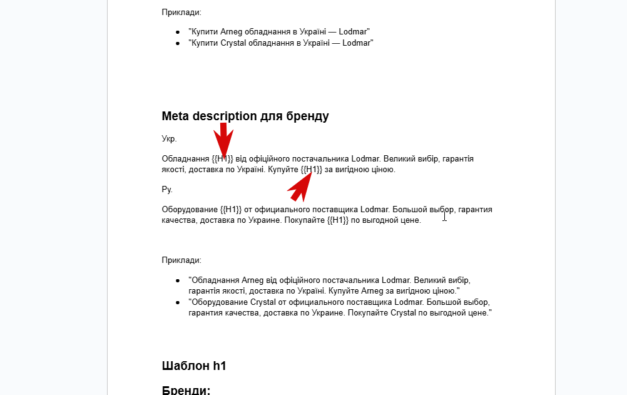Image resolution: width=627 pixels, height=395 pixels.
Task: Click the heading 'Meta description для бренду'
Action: (245, 116)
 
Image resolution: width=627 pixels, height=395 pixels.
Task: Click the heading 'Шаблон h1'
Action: (193, 366)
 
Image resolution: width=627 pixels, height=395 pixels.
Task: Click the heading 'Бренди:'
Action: (186, 390)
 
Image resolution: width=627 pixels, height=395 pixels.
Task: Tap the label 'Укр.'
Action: (169, 138)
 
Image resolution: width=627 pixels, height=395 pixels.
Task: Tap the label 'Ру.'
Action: (167, 189)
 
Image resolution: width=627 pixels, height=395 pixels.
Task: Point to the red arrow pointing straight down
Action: (223, 139)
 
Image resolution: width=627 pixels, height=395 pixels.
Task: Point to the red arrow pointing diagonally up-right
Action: (301, 187)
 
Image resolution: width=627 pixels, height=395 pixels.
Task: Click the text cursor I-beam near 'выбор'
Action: (444, 216)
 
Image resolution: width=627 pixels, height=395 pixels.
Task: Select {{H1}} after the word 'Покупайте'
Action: (338, 220)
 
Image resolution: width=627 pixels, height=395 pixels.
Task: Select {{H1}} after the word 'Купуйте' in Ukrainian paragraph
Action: (312, 170)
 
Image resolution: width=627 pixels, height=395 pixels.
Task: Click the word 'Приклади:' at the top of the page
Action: (181, 12)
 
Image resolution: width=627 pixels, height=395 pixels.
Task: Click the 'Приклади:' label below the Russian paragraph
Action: (181, 260)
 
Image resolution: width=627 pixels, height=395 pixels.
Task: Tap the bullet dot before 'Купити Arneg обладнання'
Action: (178, 32)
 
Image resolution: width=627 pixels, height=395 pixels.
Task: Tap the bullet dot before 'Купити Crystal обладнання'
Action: (178, 43)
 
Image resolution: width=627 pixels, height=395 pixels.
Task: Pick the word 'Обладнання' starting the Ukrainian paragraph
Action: (185, 159)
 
